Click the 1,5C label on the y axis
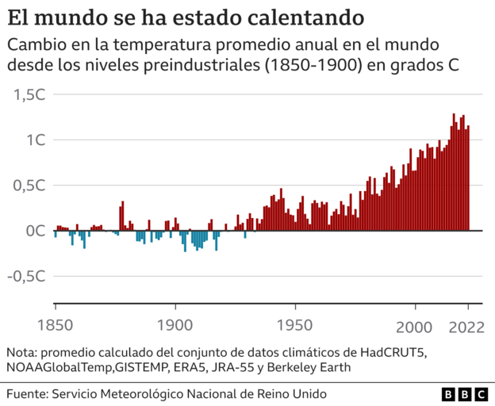pyautogui.click(x=29, y=94)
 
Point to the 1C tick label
pyautogui.click(x=36, y=140)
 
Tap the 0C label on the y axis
pyautogui.click(x=36, y=232)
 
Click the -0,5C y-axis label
pyautogui.click(x=27, y=277)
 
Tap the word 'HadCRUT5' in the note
pyautogui.click(x=391, y=352)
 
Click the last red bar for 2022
pyautogui.click(x=468, y=178)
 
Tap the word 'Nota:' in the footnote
pyautogui.click(x=22, y=352)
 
